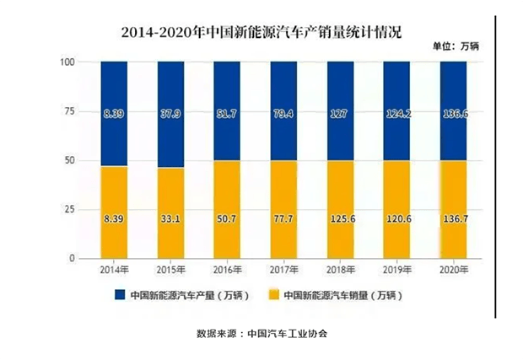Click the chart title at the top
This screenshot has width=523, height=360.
pos(261,33)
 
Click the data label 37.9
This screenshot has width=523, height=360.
pos(170,111)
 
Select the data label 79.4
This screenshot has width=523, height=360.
pos(283,111)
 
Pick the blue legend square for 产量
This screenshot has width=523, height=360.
pos(120,296)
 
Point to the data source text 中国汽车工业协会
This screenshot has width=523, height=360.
pos(287,333)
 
